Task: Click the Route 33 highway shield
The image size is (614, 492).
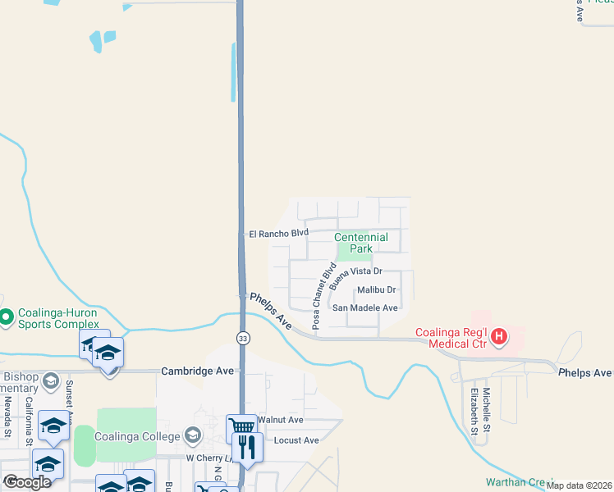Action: click(243, 339)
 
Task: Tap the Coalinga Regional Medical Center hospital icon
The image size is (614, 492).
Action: click(497, 336)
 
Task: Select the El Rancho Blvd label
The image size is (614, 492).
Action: click(278, 234)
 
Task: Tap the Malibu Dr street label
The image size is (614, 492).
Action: click(377, 290)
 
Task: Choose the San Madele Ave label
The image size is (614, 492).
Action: click(364, 308)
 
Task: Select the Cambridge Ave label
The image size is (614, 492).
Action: click(198, 371)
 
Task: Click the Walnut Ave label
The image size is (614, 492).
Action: click(280, 420)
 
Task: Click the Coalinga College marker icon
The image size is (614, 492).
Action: click(194, 435)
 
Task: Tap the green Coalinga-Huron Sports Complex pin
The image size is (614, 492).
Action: click(7, 316)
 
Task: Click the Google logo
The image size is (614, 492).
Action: click(27, 482)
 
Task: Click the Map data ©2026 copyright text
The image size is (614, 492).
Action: click(579, 485)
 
